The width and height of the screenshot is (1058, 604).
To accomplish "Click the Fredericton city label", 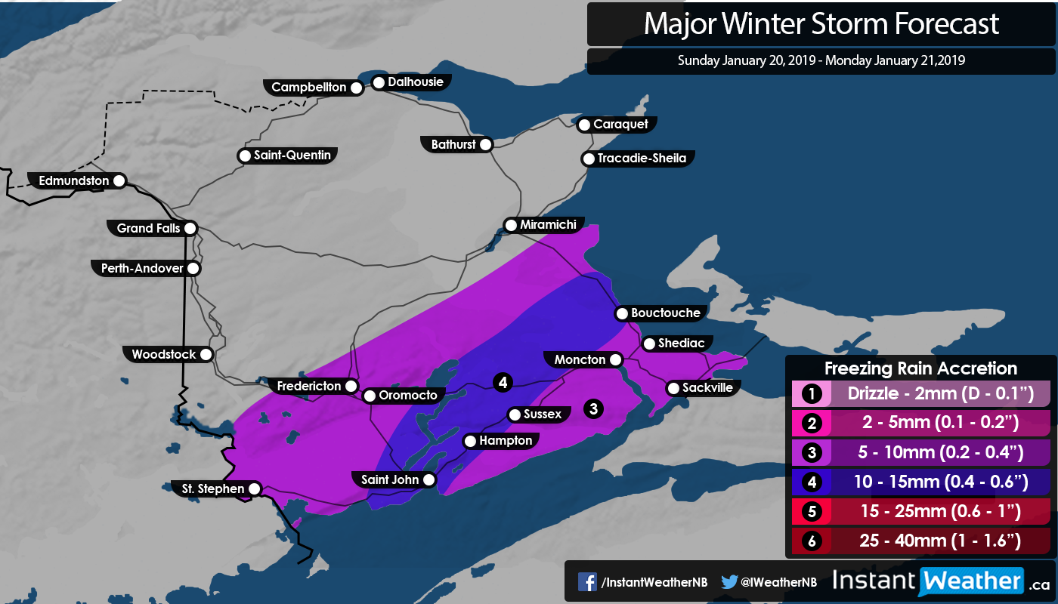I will [x=308, y=386].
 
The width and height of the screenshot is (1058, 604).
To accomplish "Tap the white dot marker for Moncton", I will [x=616, y=359].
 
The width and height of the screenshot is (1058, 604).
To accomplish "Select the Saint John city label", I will [x=390, y=479].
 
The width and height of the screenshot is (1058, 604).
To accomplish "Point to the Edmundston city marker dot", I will [x=119, y=181].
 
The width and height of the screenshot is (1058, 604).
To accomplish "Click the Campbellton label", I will [x=308, y=88].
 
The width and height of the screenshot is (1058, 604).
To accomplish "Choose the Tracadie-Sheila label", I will [x=641, y=159].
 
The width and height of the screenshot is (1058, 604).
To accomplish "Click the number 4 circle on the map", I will [x=502, y=383].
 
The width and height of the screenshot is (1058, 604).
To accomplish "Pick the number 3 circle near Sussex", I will [x=594, y=408].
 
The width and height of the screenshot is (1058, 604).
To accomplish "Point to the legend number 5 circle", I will [x=811, y=511].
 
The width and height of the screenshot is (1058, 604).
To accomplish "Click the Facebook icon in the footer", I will [x=587, y=581].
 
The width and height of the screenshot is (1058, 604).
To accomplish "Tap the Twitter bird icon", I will [x=729, y=581].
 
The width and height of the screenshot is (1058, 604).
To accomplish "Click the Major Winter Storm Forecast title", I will [x=821, y=23].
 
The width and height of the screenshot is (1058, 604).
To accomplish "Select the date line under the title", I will [x=821, y=60].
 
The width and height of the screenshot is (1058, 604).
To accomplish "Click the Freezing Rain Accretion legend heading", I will [x=920, y=368].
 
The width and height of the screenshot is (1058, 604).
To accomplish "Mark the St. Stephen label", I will [x=213, y=488].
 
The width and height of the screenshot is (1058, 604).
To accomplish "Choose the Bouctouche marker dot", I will [x=622, y=313].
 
